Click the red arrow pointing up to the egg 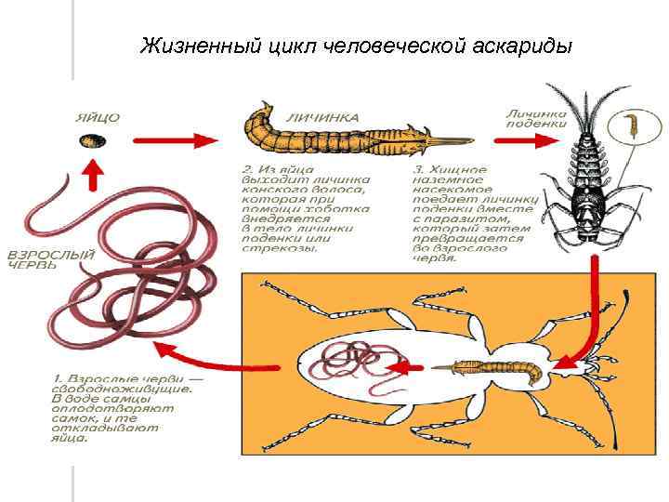[x=91, y=173]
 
